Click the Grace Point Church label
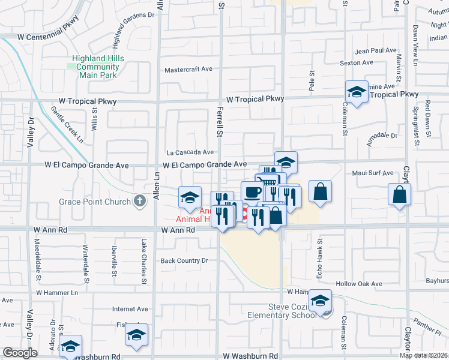point(95,202)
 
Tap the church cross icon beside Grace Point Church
point(140,202)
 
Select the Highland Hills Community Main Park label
point(98,67)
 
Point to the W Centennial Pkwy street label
point(48,37)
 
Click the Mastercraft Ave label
point(188,69)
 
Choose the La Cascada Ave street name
point(190,152)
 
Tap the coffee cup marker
point(252,192)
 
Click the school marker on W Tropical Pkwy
point(357,92)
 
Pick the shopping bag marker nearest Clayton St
point(400,194)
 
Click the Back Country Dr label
point(184,260)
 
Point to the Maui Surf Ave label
point(373,173)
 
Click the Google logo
point(20,353)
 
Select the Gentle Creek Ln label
point(67,125)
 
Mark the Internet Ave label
point(130,310)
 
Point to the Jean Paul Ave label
point(376,51)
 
